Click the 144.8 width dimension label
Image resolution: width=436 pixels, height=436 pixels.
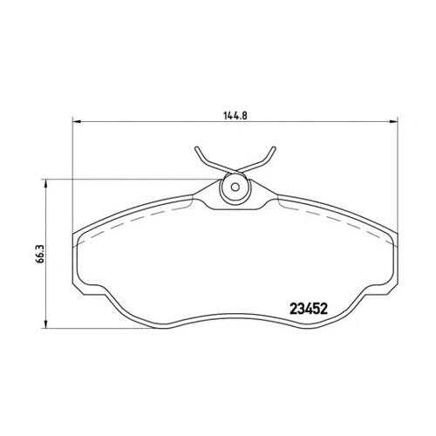235,115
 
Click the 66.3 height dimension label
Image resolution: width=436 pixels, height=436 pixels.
40,254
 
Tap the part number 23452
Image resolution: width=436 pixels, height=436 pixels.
309,309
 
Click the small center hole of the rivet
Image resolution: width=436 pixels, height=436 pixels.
235,187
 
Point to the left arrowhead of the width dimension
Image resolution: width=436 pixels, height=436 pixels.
76,121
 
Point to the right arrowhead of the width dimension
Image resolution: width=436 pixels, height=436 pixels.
393,121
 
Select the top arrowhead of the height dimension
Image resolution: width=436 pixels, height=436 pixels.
45,183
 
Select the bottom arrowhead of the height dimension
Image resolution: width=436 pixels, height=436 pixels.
45,324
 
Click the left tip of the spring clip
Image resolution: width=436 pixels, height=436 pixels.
196,148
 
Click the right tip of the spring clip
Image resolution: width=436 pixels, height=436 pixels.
274,148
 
